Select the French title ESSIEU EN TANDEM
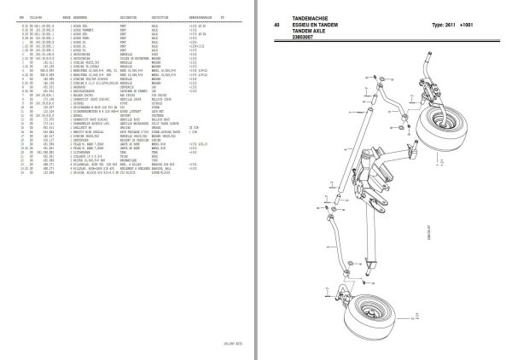[x=318, y=25]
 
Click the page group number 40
[x=276, y=25]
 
